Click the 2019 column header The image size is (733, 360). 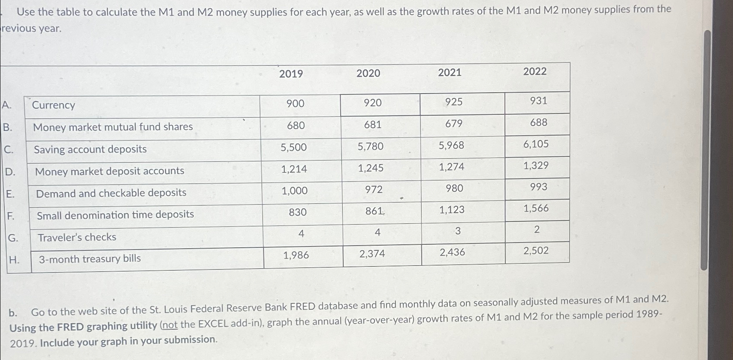coord(291,74)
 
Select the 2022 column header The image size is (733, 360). coord(534,71)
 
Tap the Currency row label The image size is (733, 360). coord(53,105)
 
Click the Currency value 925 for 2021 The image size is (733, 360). coord(454,102)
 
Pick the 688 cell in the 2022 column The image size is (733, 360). coord(538,123)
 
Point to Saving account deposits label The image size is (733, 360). coord(90,149)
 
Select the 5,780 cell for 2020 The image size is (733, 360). coord(371,146)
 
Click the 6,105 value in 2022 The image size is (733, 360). coord(536,144)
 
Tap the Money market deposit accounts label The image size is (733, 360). coord(110,171)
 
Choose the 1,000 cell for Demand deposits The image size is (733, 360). coord(295,191)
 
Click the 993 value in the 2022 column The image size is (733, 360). coord(538,187)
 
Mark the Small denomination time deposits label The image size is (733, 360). coord(115,215)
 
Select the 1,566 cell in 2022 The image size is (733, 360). coord(536,208)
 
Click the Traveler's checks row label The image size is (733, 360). coord(77,237)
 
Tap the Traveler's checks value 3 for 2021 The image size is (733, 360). coord(458,231)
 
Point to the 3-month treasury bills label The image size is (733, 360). coord(90,259)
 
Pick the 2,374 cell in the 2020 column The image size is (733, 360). coord(372,254)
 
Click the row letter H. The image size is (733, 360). coord(14,260)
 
